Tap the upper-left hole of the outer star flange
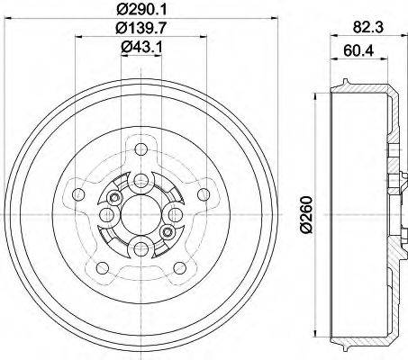[78, 194]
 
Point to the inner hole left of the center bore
[104, 214]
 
